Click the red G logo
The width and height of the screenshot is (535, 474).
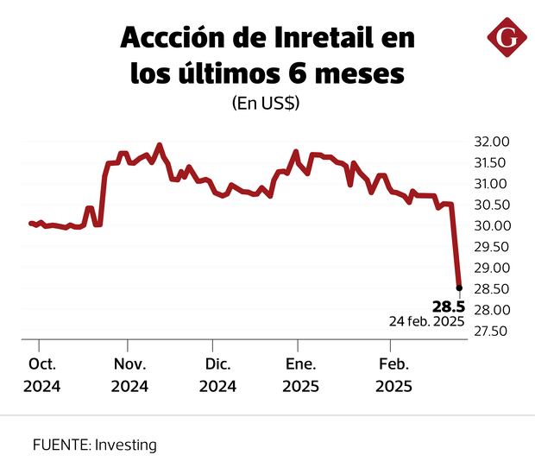[x=506, y=39]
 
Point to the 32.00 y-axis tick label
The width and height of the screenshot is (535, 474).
[x=488, y=142]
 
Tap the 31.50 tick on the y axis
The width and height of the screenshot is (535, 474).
[x=488, y=163]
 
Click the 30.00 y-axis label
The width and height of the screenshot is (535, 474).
[x=488, y=226]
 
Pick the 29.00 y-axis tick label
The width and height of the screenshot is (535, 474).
[x=488, y=268]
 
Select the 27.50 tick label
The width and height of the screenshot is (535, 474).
[x=488, y=331]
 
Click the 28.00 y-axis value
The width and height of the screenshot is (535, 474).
[x=488, y=310]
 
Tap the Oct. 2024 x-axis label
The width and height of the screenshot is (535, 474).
[x=41, y=375]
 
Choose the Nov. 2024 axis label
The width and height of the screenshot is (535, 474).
[x=129, y=375]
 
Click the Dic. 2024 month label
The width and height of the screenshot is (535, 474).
[x=217, y=375]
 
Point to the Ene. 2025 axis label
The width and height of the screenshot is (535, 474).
[x=301, y=375]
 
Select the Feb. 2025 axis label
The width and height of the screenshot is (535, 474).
[x=393, y=375]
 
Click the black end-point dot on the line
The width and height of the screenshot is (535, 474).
[x=459, y=288]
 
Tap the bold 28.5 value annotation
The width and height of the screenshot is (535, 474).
[x=448, y=307]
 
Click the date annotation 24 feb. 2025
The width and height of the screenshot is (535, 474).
[x=427, y=321]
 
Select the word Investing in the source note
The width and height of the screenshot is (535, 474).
[x=126, y=446]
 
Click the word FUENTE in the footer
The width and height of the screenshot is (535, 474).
[x=60, y=446]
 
